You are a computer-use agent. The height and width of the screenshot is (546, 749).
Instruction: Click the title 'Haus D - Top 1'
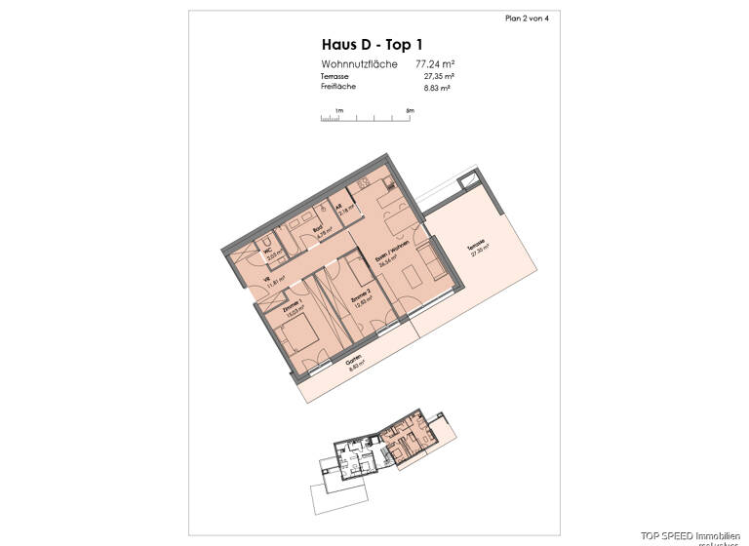coord(366,44)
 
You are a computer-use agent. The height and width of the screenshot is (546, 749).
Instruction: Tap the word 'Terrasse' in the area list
coord(335,76)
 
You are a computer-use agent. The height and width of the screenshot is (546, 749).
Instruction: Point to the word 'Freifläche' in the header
coord(337,87)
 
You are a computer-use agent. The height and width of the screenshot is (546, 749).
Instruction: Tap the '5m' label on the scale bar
coord(411,111)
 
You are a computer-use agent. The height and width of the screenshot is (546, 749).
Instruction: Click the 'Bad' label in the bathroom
coord(317,231)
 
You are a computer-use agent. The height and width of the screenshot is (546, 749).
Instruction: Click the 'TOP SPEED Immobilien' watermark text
coord(693,536)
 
